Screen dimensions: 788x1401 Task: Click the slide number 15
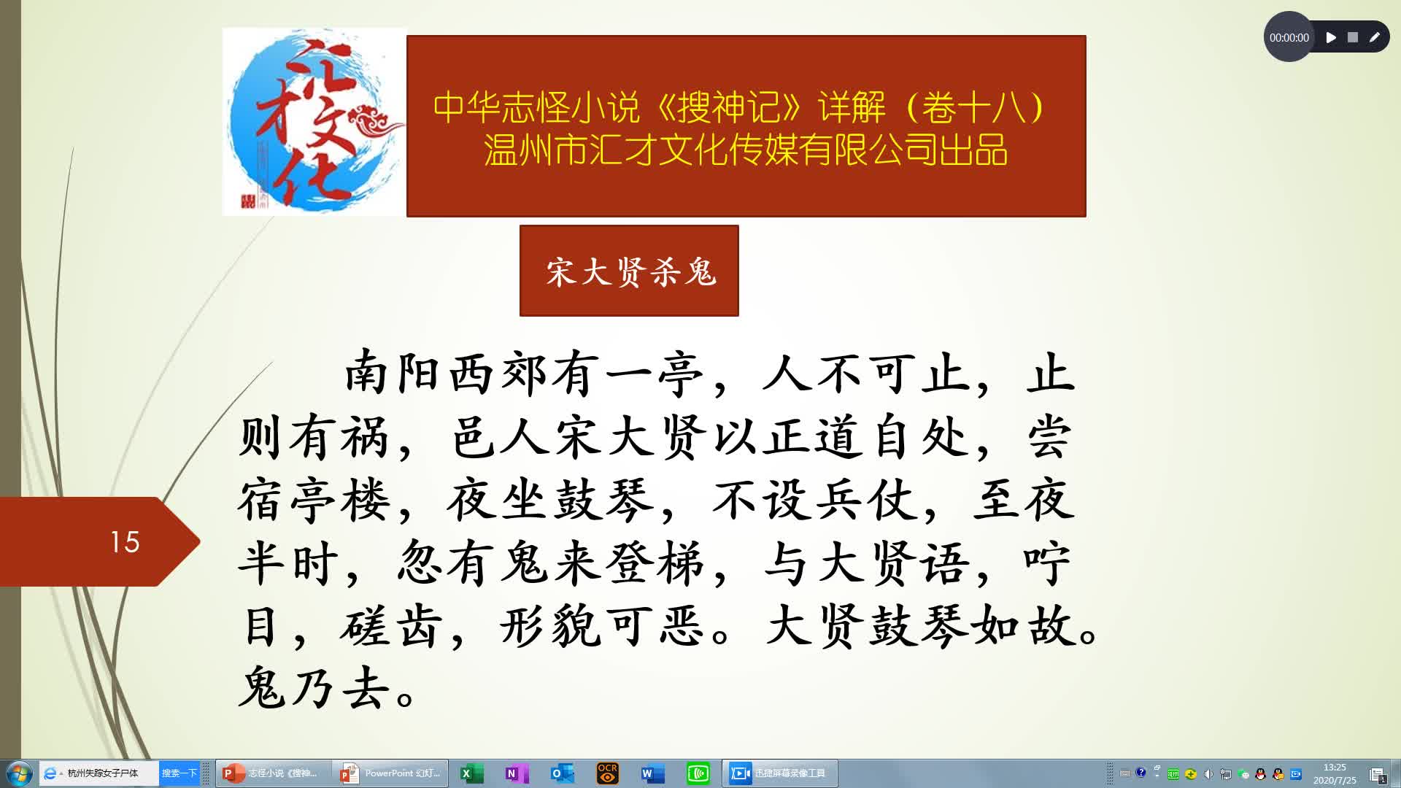tap(125, 542)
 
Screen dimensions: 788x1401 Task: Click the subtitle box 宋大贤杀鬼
tap(629, 271)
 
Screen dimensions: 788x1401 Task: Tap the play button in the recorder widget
tap(1331, 37)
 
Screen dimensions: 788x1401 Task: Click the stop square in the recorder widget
tap(1352, 37)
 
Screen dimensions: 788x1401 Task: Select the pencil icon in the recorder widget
tap(1374, 37)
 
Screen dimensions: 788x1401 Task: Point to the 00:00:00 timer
tap(1289, 38)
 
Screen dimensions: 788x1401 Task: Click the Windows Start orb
tap(18, 773)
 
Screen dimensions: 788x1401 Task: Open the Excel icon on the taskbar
tap(471, 773)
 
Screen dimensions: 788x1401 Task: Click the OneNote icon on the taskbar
tap(516, 773)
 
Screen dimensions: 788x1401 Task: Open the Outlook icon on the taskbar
tap(561, 773)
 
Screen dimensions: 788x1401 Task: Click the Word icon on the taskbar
tap(652, 773)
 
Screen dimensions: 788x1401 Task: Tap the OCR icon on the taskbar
tap(607, 773)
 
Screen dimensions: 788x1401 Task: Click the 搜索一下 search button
tap(179, 773)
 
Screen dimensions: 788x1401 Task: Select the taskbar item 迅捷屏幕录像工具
tap(780, 773)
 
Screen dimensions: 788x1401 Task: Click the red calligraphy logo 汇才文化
tap(314, 122)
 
